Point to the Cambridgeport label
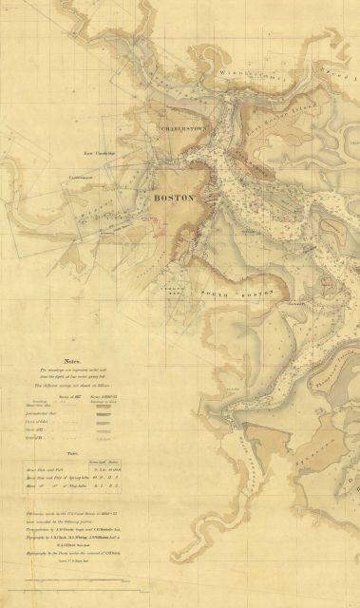tap(93, 177)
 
